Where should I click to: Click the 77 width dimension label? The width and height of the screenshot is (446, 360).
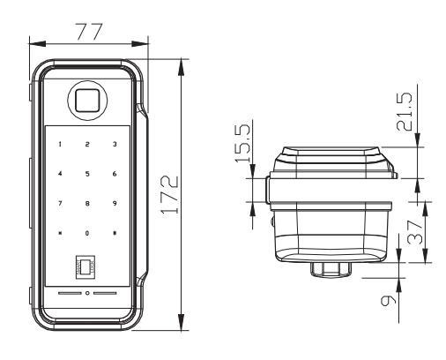pos(89,31)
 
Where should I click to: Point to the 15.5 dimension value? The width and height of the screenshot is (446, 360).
pos(242,143)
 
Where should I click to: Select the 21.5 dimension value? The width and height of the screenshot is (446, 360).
pos(405,111)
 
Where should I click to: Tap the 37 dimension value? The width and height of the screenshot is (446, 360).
pos(415,233)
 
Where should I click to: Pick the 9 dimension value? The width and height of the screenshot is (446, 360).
pos(388,301)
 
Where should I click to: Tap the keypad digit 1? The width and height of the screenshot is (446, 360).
pos(60,144)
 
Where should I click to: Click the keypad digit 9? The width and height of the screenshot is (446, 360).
pos(115,203)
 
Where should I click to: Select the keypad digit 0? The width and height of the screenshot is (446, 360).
pos(87,233)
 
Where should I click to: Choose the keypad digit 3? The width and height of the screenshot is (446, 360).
pos(115,144)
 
